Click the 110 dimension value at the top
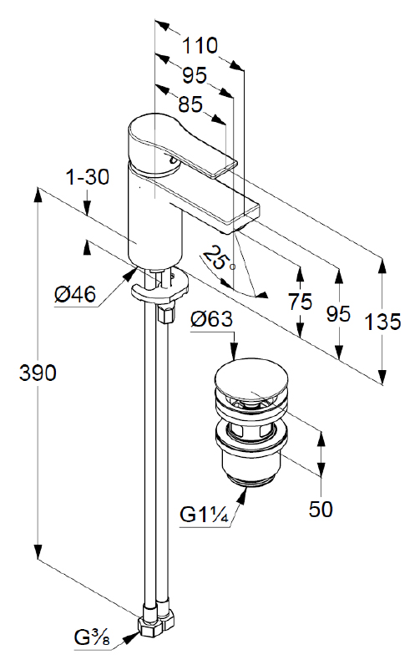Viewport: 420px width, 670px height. tap(200, 46)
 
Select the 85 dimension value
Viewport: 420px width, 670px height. tap(190, 104)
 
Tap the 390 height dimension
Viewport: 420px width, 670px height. tap(38, 373)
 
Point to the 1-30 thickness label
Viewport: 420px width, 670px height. tap(88, 177)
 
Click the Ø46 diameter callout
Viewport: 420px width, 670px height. tap(75, 294)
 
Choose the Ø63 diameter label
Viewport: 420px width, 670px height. tap(212, 319)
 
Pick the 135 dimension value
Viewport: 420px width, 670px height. tap(382, 322)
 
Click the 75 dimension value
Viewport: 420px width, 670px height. tap(300, 302)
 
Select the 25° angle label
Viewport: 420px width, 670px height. tap(216, 258)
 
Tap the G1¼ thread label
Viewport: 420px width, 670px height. tap(205, 515)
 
